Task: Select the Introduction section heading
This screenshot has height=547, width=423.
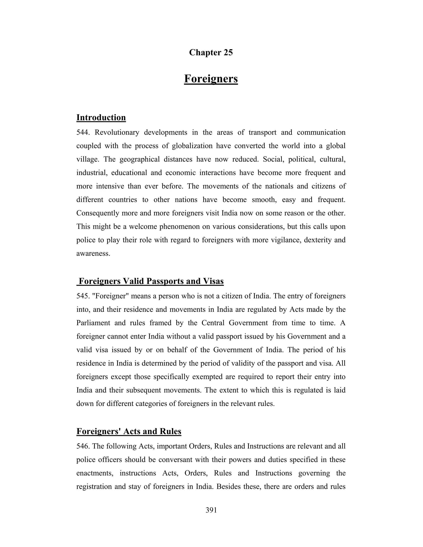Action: [101, 117]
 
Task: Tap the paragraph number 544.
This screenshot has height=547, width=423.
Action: [83, 132]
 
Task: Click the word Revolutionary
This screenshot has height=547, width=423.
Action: [116, 132]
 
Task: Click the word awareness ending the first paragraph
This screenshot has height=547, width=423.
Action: [93, 253]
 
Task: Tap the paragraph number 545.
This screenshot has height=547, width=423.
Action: [83, 296]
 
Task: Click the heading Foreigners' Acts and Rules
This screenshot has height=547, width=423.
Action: [129, 431]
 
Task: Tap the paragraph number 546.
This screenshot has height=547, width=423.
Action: [83, 446]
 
